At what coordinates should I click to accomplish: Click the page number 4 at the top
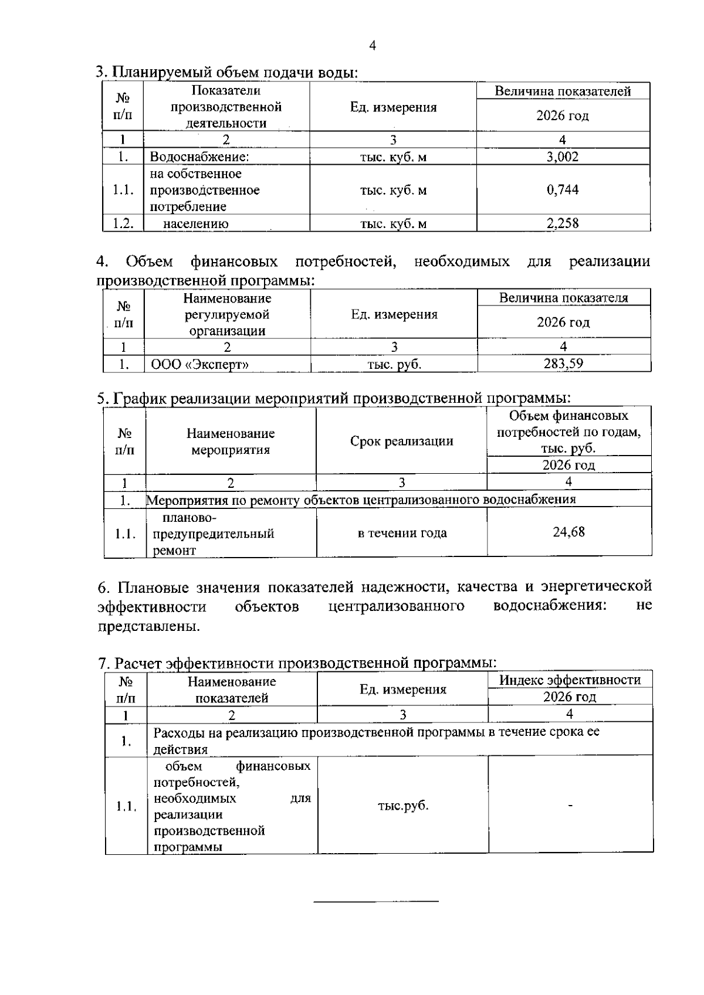[373, 46]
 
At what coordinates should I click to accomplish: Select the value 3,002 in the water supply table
[562, 157]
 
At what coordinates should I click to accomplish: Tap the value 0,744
[562, 189]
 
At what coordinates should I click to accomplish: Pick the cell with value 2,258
[562, 223]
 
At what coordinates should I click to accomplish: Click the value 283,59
[563, 364]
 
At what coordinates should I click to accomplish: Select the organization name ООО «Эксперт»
[200, 364]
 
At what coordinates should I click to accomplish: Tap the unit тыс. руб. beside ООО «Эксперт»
[394, 364]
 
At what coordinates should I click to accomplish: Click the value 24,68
[568, 532]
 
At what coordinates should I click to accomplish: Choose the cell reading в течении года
[402, 533]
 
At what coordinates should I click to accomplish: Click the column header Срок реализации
[401, 441]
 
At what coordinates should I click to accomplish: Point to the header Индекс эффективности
[570, 680]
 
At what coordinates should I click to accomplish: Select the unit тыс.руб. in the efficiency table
[403, 805]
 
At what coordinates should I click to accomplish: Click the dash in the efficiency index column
[570, 805]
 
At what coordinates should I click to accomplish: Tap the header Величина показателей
[563, 91]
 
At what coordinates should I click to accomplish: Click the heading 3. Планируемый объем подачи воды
[227, 72]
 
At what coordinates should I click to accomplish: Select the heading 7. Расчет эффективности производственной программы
[297, 663]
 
